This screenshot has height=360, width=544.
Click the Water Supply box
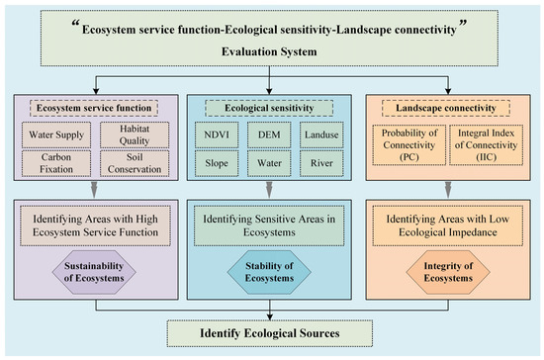point(57,134)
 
